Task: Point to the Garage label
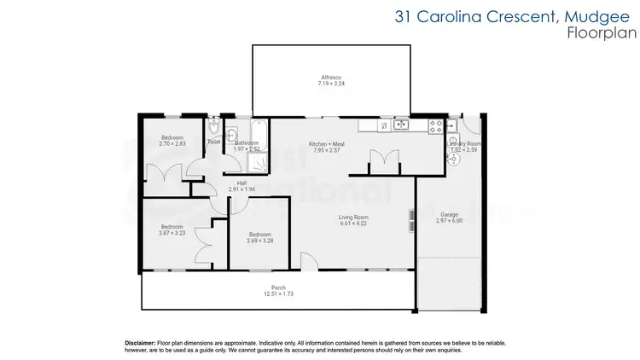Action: coord(449,214)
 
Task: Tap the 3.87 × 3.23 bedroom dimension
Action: coord(172,233)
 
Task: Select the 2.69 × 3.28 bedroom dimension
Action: coord(260,241)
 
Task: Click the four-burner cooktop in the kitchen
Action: coord(435,125)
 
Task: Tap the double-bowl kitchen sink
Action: coord(398,125)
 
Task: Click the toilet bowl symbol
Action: coord(213,129)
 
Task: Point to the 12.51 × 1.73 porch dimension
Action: coord(278,294)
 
